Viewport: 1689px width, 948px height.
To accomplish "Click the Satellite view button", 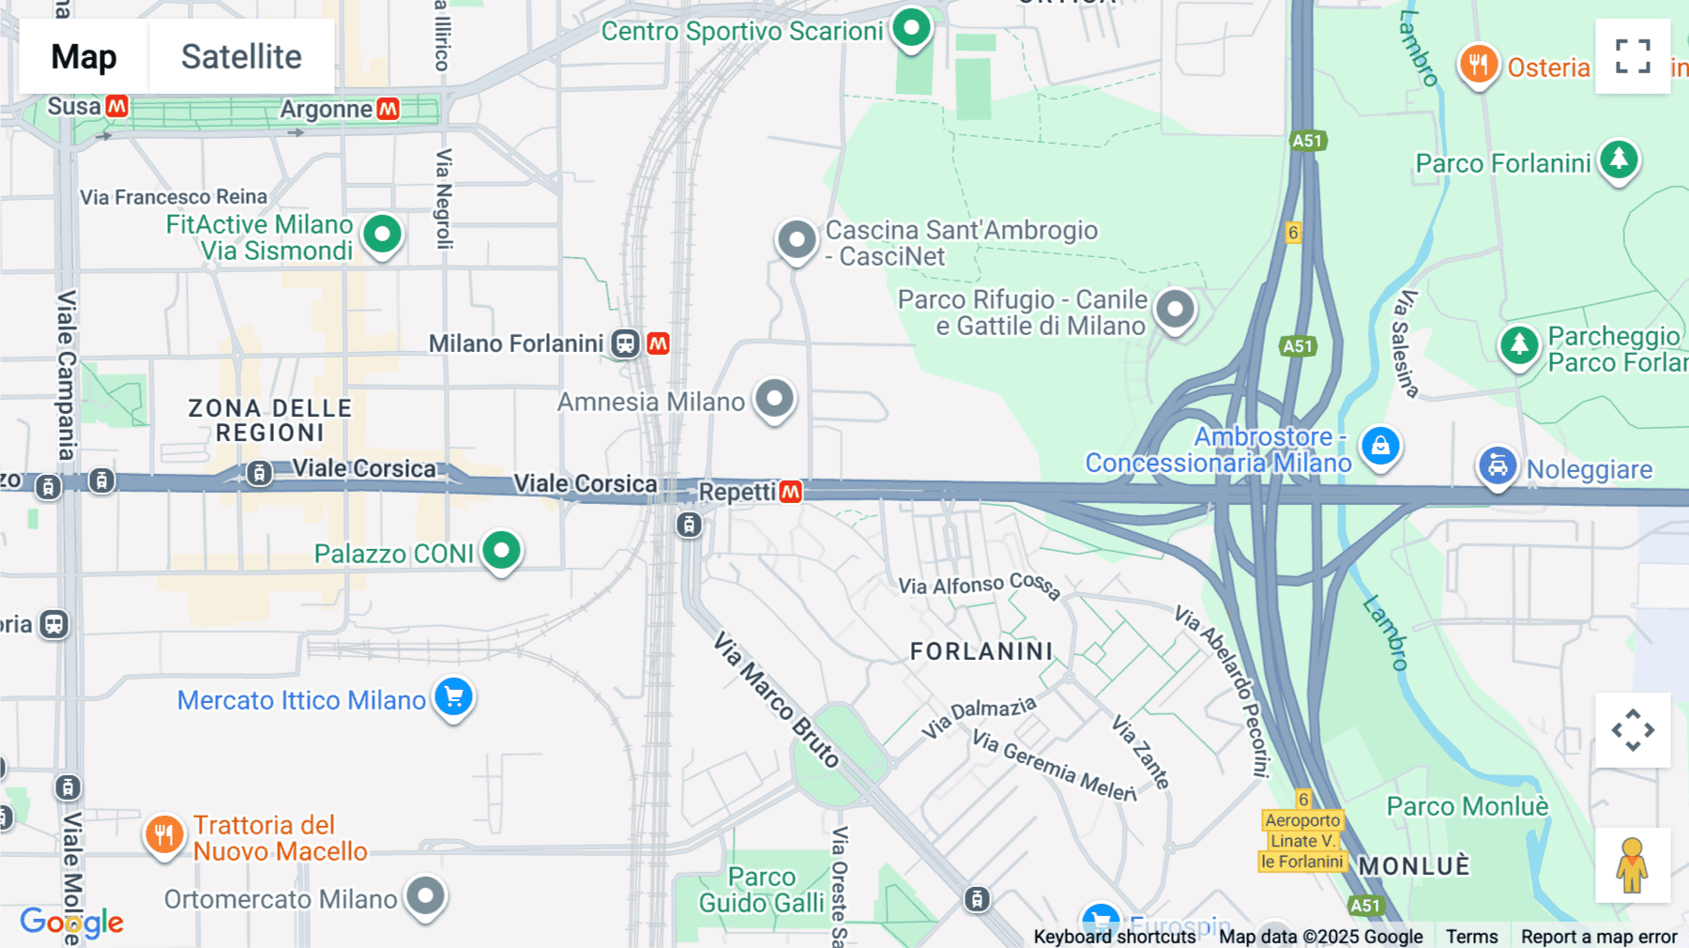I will tap(241, 56).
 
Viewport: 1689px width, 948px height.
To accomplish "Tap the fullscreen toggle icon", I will tap(1633, 56).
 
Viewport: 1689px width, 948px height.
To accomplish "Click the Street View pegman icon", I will tap(1633, 865).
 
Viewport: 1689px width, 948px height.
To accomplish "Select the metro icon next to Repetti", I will tap(791, 492).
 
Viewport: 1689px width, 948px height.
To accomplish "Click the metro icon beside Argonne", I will tap(388, 109).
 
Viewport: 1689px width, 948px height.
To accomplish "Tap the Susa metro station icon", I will tap(117, 106).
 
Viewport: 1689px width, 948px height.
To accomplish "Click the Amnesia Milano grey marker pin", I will tap(774, 400).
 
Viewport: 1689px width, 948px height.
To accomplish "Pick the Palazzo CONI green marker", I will tap(501, 551).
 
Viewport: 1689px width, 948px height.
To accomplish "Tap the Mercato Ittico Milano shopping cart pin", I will tap(454, 697).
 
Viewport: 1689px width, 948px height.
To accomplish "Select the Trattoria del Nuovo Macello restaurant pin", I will tap(164, 833).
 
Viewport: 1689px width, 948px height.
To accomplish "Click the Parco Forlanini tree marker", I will tap(1619, 161).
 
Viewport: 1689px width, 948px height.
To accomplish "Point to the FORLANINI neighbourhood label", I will tap(981, 651).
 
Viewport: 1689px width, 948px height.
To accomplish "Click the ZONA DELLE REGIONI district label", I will tap(270, 420).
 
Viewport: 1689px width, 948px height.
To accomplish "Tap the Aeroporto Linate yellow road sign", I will tap(1302, 841).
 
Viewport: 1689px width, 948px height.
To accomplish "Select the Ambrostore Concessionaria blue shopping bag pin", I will tap(1380, 447).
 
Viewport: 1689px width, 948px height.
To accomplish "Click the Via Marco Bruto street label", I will tap(776, 700).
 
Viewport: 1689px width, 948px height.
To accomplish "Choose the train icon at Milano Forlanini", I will tap(625, 344).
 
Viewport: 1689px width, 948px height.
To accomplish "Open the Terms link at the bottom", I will tap(1471, 936).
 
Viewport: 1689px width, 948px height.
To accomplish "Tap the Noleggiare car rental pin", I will tap(1498, 466).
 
